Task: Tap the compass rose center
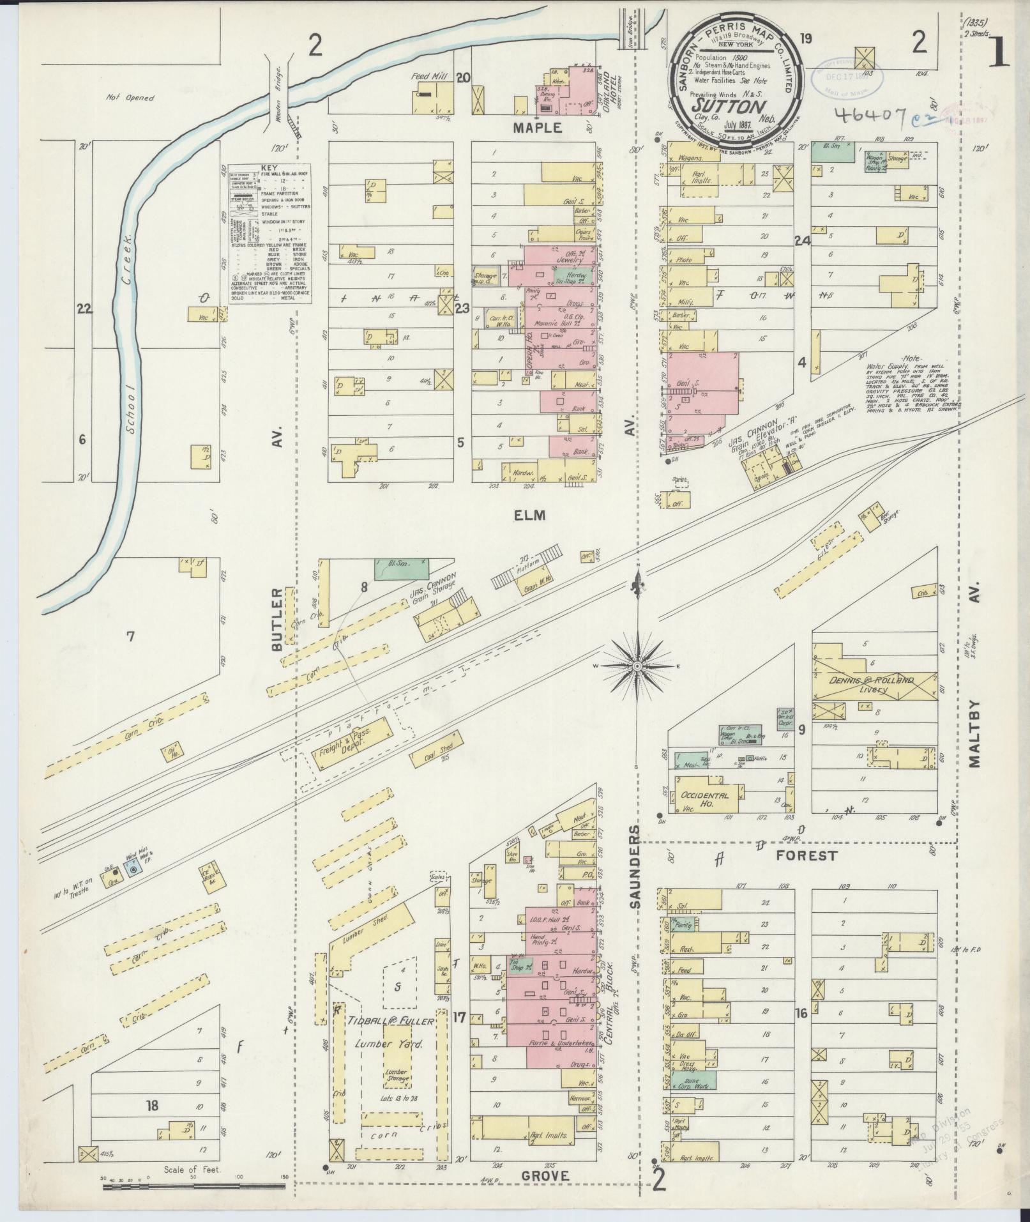pyautogui.click(x=637, y=666)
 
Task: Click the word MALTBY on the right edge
pyautogui.click(x=975, y=733)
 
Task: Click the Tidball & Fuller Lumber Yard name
pyautogui.click(x=390, y=1021)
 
